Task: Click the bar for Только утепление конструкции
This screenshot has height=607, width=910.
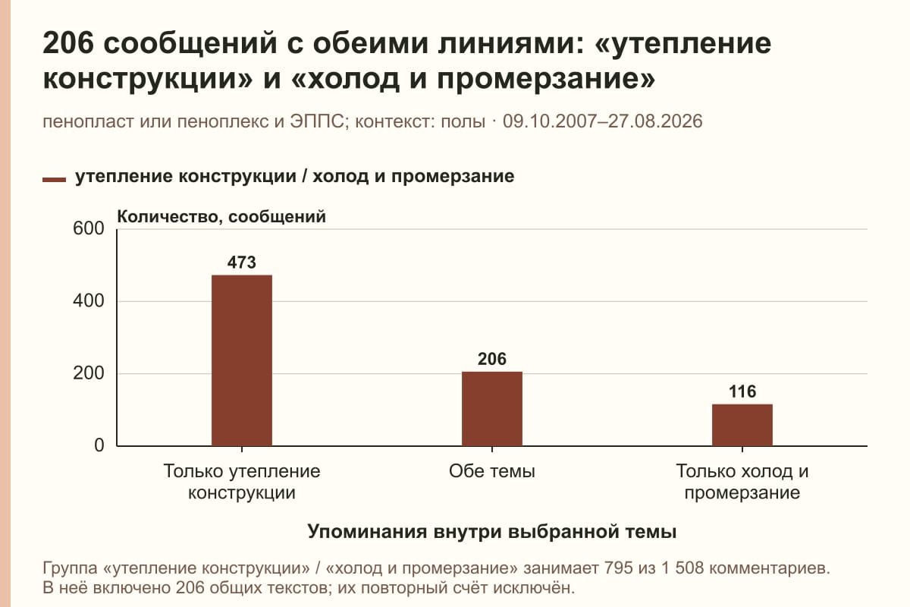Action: coord(242,360)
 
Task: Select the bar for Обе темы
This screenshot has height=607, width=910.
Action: coord(492,409)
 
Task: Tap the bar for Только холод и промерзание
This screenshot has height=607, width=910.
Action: coord(742,425)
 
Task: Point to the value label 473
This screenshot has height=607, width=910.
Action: coord(242,263)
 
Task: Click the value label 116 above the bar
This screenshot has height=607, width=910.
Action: coord(742,392)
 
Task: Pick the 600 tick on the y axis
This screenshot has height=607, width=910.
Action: coord(89,228)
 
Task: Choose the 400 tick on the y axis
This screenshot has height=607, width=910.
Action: coord(89,301)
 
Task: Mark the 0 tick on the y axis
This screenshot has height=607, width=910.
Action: coord(99,445)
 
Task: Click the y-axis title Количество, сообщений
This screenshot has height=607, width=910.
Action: coord(221,217)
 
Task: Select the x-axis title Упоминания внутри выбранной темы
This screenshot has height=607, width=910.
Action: coord(492,532)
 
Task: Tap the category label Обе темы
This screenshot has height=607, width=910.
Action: coord(492,472)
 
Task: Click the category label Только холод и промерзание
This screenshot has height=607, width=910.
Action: coord(742,482)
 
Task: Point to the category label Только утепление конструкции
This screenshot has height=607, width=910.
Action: coord(242,482)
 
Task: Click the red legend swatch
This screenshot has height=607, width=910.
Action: coord(54,180)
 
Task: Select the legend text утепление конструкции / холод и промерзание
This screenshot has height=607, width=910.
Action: coord(294,177)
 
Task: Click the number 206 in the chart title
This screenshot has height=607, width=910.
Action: coord(68,43)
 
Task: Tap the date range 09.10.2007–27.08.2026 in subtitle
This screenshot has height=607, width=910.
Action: coord(602,121)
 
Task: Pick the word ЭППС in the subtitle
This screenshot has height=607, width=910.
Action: coord(317,121)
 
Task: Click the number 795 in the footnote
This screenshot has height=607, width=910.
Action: coord(618,568)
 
